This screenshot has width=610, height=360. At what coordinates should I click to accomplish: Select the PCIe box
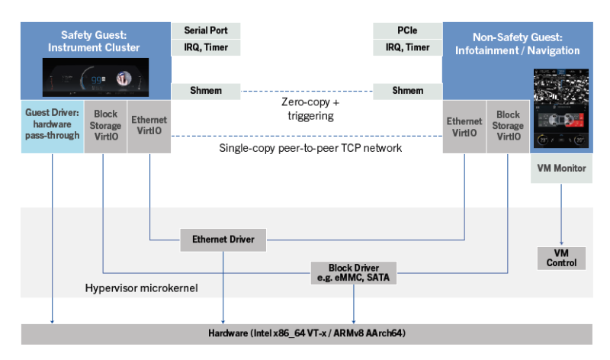point(406,31)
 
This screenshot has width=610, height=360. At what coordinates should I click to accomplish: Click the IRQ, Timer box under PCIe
point(406,47)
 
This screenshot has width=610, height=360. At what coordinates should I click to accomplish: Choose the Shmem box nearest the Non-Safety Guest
point(406,92)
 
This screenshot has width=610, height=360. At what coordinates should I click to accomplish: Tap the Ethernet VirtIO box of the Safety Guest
point(149,125)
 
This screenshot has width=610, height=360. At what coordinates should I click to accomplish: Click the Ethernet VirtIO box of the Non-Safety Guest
point(464,125)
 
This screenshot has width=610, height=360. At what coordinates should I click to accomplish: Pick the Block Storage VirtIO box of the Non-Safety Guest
point(507,125)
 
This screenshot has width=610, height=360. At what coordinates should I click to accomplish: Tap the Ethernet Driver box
point(223,240)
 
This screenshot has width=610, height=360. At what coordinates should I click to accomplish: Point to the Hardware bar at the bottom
point(305,334)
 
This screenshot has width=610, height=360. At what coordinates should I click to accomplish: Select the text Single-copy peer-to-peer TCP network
point(310,148)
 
